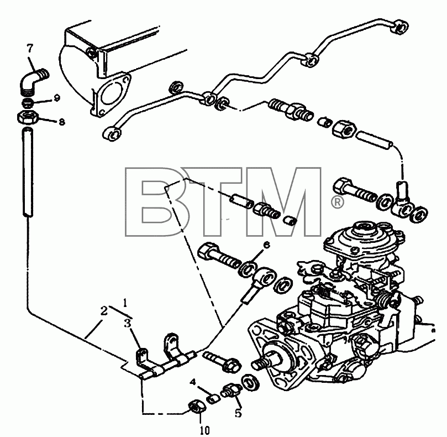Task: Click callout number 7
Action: pos(30,49)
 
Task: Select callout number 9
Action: pos(57,98)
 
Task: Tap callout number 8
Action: pos(61,122)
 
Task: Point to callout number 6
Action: pos(266,244)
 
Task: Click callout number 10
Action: pos(205,430)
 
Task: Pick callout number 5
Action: pos(238,413)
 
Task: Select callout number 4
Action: pos(193,382)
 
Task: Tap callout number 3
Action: pos(128,324)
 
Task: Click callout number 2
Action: pos(104,311)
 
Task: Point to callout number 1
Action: pos(125,303)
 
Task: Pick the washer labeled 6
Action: pos(246,269)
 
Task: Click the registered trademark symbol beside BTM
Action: pos(337,202)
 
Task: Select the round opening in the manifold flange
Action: pos(111,93)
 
